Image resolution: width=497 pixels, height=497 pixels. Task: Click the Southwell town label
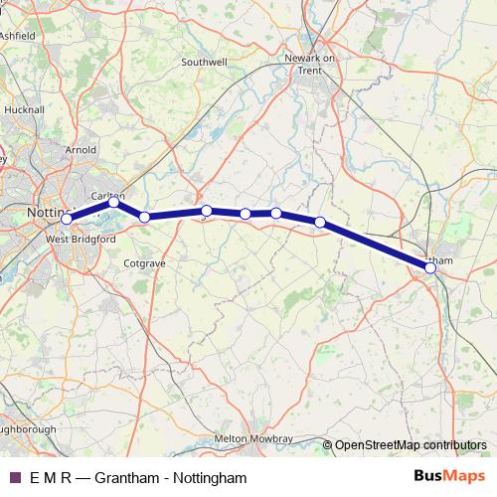click(205, 62)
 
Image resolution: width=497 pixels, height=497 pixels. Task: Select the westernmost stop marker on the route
click(67, 219)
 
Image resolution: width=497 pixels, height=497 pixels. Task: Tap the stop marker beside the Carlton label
click(114, 202)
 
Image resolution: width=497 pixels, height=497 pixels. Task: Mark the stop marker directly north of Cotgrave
click(144, 217)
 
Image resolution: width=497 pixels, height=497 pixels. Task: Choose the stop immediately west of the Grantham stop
click(320, 222)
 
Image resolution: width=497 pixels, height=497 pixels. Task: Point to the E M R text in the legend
click(50, 478)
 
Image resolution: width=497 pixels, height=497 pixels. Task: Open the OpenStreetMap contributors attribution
click(410, 446)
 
